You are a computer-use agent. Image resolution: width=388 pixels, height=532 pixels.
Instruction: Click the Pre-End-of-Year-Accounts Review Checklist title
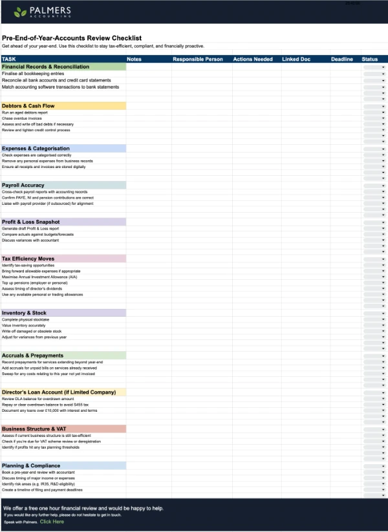pos(72,38)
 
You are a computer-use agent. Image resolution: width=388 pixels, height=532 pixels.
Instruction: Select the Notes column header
pos(135,59)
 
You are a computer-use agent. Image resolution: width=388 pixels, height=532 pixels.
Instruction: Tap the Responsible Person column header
pos(197,59)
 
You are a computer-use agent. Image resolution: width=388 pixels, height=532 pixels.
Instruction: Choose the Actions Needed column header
pos(253,59)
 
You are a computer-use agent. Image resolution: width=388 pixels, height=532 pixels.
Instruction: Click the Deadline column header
pos(342,59)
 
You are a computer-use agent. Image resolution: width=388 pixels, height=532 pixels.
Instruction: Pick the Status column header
pos(370,59)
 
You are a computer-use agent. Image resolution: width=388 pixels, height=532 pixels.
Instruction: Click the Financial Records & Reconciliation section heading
pos(46,67)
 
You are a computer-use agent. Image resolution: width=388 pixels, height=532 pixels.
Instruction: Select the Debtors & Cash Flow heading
pos(28,105)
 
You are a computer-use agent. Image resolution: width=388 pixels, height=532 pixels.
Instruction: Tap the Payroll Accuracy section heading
pos(23,185)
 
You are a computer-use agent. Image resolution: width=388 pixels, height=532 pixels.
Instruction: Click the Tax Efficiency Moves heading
pos(28,259)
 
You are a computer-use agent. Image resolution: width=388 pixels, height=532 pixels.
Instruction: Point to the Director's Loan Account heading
pos(59,392)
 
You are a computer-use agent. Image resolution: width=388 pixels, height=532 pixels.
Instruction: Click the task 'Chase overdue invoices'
pos(23,118)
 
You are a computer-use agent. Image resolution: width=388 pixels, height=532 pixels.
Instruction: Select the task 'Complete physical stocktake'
pos(27,319)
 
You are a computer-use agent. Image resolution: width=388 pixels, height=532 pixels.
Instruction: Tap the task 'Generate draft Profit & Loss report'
pos(30,228)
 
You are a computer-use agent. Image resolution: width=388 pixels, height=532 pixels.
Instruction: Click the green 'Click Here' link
pos(52,522)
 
